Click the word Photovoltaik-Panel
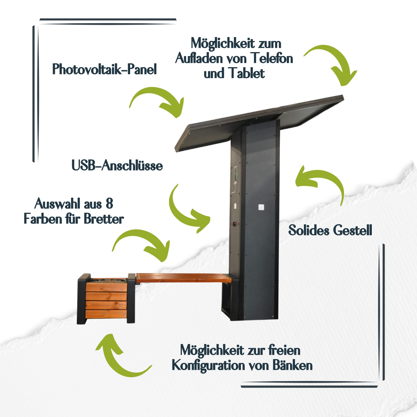104,69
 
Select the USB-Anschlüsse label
117,165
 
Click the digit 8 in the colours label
109,204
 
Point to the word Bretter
104,219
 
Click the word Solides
309,230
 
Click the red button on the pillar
235,224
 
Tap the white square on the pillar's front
261,207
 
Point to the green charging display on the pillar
236,175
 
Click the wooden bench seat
183,278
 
